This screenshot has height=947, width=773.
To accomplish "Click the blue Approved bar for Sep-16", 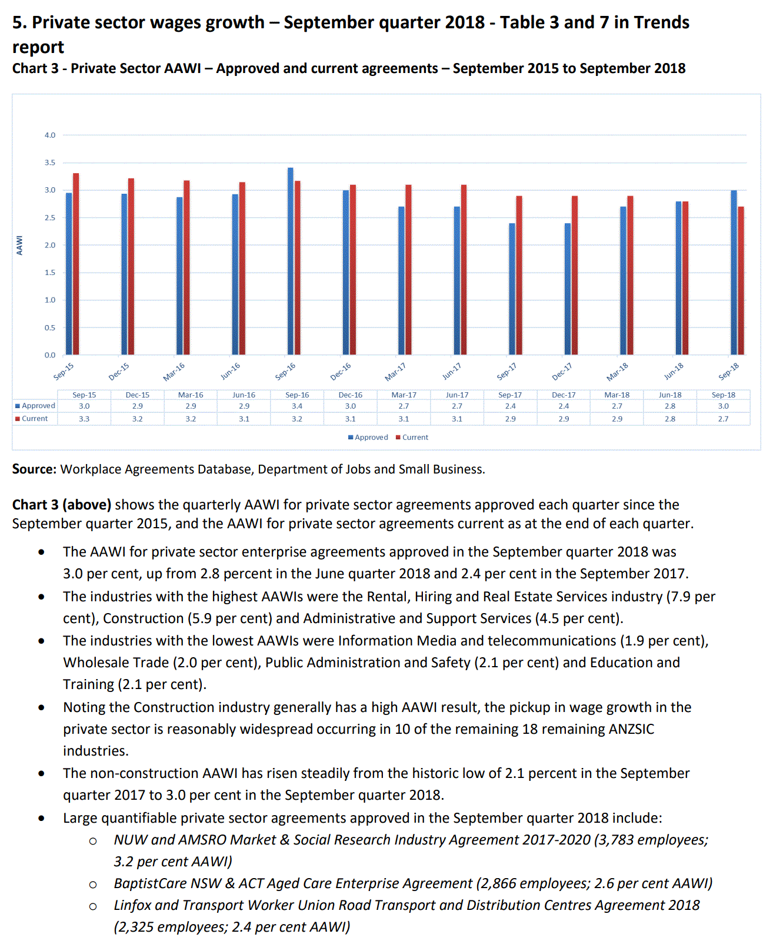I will pos(290,261).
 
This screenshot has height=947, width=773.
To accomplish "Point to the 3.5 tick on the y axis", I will pos(50,163).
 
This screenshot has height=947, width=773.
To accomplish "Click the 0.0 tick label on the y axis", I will pos(50,355).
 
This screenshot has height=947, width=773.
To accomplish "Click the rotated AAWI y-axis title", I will pos(19,245).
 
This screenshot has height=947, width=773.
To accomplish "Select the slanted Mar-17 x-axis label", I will pos(395,372).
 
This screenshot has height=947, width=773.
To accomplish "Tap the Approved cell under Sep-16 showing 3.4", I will pos(297,406).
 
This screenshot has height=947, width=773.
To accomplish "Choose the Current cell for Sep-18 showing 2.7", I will pos(723,419).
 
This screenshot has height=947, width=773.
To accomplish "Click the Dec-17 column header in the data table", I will pos(564,395).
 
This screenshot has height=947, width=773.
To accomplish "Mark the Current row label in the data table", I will pos(35,419).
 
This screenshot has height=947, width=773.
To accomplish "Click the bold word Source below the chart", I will pos(34,469).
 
